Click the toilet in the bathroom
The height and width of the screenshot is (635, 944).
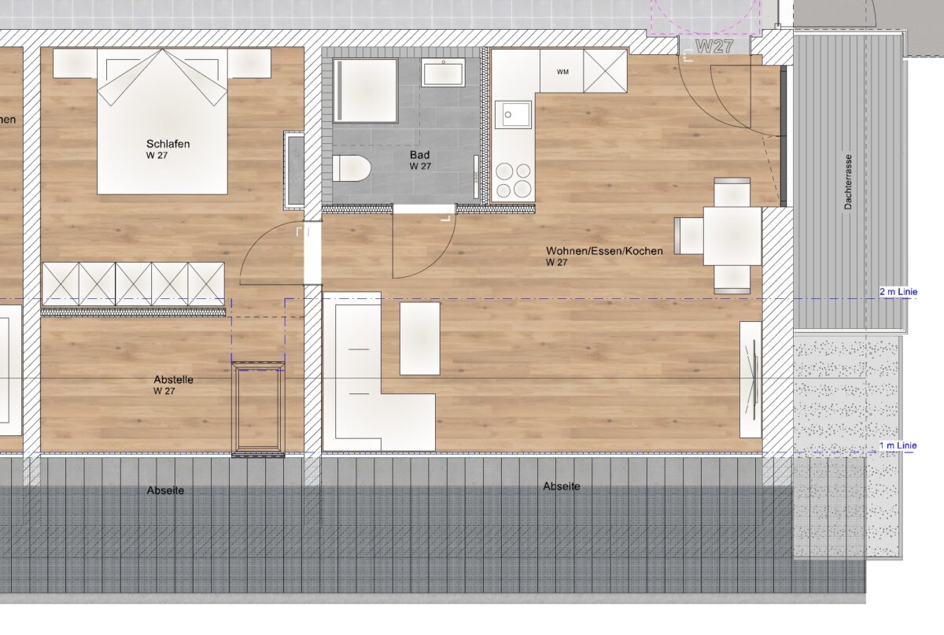351,168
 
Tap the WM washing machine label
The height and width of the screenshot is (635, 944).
562,72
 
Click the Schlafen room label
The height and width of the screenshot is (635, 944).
168,144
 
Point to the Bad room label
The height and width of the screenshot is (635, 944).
419,155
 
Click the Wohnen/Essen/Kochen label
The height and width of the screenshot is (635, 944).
604,251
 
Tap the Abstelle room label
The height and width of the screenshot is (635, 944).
174,379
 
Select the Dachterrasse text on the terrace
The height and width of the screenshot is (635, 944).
848,182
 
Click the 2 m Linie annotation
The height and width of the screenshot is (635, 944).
898,291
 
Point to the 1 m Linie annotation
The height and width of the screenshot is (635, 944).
898,445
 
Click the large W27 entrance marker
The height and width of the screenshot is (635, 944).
715,46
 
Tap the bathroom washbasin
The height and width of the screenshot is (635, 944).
443,72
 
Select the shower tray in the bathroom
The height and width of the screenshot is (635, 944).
365,90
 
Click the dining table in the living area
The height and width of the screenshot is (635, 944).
732,236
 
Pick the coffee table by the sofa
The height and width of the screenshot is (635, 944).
420,338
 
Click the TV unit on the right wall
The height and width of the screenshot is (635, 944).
750,379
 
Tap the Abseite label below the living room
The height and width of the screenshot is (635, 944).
562,486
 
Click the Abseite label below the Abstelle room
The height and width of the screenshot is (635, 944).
165,490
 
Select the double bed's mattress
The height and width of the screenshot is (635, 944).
162,121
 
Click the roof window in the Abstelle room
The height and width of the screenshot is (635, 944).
258,409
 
